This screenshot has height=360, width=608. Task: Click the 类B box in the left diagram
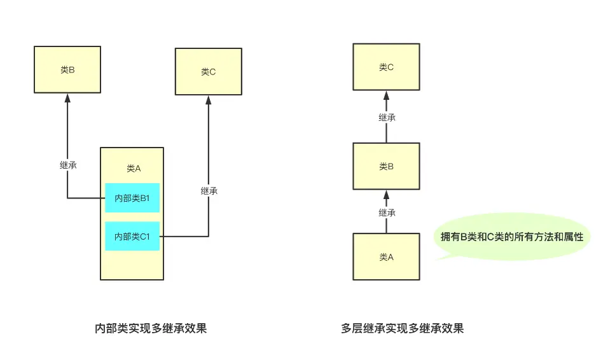pyautogui.click(x=67, y=70)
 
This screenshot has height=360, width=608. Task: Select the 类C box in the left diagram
pyautogui.click(x=209, y=72)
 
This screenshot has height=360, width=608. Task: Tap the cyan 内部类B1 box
pyautogui.click(x=132, y=198)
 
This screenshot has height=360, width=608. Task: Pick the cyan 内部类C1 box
pyautogui.click(x=132, y=236)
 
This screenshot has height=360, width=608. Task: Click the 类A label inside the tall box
pyautogui.click(x=134, y=169)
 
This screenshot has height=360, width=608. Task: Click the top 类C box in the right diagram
pyautogui.click(x=386, y=67)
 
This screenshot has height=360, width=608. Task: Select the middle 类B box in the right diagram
pyautogui.click(x=386, y=167)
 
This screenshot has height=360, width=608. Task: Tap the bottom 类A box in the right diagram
pyautogui.click(x=386, y=257)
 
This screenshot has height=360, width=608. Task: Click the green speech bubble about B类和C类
pyautogui.click(x=512, y=237)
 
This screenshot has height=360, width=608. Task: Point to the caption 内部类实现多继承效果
pyautogui.click(x=151, y=329)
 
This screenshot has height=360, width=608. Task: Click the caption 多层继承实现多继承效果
pyautogui.click(x=403, y=329)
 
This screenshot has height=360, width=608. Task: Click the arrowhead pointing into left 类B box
pyautogui.click(x=67, y=98)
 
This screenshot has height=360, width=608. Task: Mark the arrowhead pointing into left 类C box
pyautogui.click(x=209, y=100)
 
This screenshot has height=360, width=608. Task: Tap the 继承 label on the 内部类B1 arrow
pyautogui.click(x=68, y=165)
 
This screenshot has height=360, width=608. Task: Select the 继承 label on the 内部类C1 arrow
pyautogui.click(x=209, y=191)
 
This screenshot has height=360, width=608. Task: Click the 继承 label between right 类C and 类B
pyautogui.click(x=387, y=118)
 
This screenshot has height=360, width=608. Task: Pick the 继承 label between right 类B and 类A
pyautogui.click(x=387, y=212)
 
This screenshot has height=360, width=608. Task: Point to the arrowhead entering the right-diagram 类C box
pyautogui.click(x=386, y=95)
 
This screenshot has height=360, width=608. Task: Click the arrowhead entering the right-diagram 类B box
pyautogui.click(x=386, y=195)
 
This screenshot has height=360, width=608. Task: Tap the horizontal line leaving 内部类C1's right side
pyautogui.click(x=184, y=236)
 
